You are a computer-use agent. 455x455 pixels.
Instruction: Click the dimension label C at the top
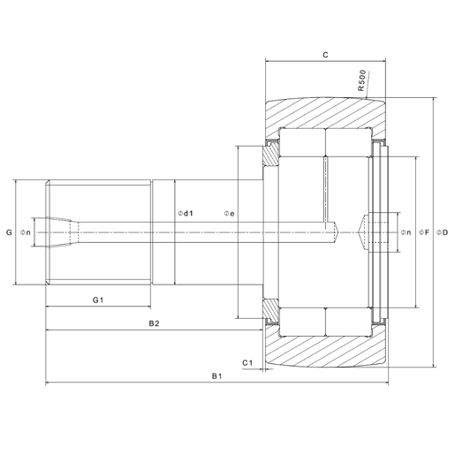point(326,55)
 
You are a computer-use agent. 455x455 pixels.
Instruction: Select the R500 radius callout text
point(363,82)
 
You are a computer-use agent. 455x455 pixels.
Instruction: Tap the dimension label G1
point(99,300)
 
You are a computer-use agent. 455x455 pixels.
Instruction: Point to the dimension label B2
point(153,324)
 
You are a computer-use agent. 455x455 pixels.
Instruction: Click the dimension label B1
point(216,377)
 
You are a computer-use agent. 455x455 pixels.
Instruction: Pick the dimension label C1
point(248,363)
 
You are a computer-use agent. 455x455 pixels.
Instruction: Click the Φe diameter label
point(228,214)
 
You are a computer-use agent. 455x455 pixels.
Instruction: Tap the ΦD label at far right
point(442,233)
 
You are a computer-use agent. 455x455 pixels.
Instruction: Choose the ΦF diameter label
point(422,233)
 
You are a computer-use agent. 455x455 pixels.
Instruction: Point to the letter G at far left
point(8,233)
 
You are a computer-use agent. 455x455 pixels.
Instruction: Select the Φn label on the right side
point(405,233)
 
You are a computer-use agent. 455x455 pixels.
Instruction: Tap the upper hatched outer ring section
point(327,112)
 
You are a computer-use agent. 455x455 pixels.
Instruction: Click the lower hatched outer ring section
point(327,353)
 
